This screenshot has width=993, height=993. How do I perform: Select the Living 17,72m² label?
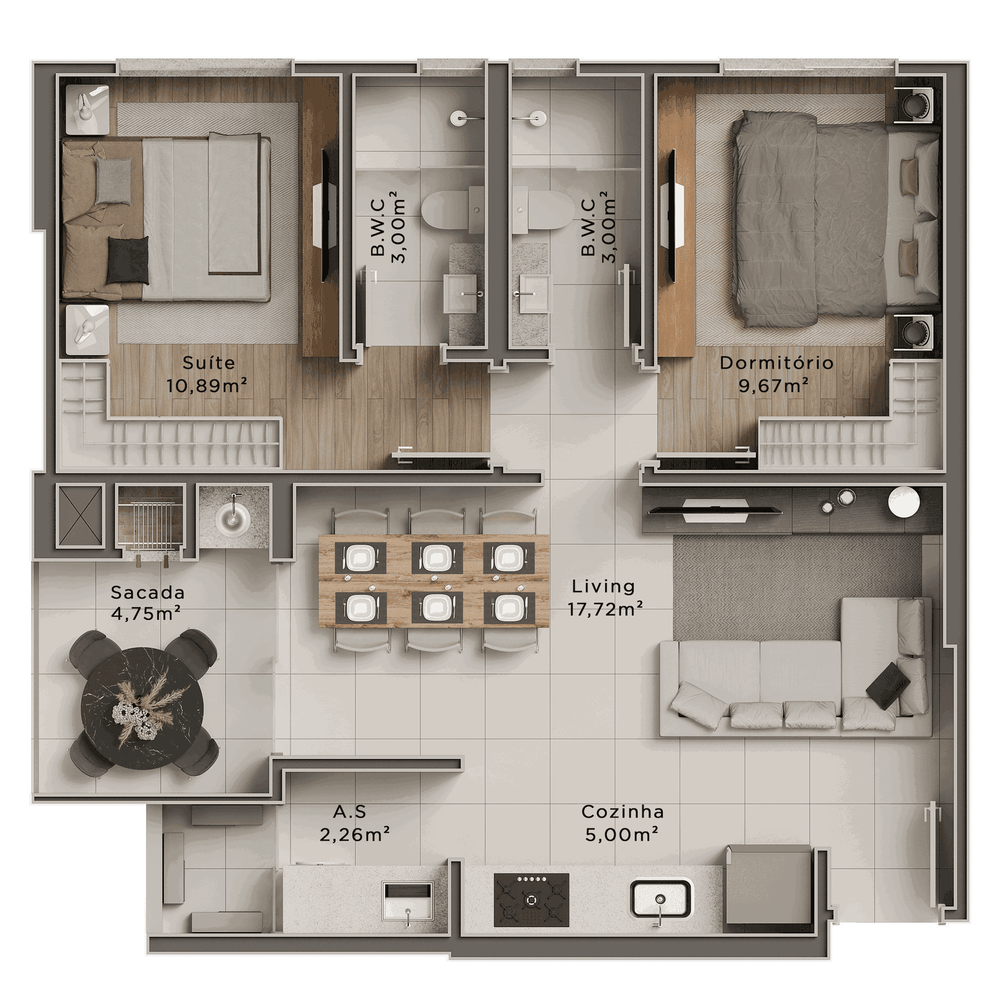[x=604, y=598]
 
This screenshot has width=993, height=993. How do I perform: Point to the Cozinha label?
[x=622, y=811]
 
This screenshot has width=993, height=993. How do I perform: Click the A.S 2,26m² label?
[x=354, y=823]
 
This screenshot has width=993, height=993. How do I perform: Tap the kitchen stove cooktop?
[x=531, y=899]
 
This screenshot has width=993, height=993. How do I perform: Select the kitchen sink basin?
[x=661, y=899]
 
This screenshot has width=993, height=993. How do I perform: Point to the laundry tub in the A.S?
[x=408, y=901]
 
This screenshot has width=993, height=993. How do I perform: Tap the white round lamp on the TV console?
[x=904, y=502]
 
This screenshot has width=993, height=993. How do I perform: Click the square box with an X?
[x=79, y=515]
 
